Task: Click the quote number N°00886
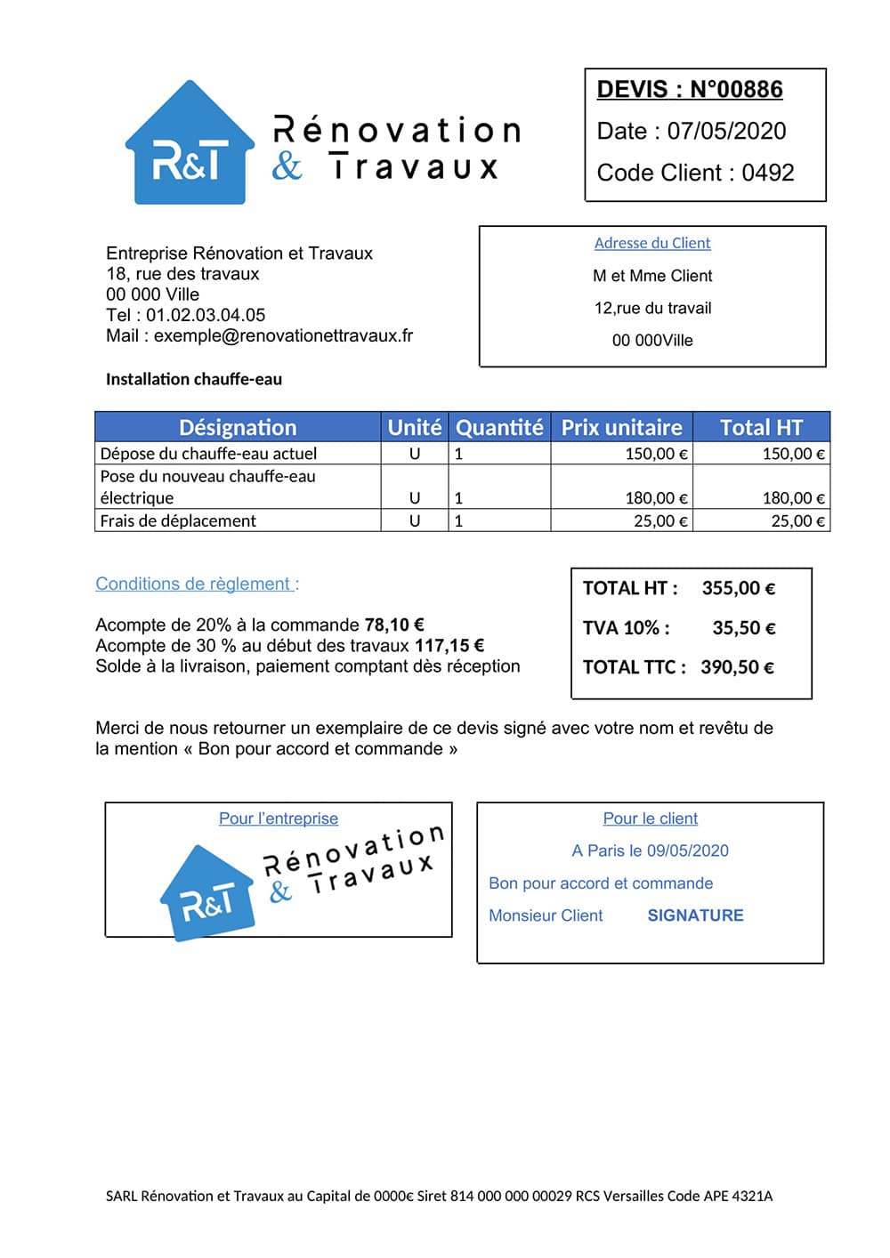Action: (x=736, y=90)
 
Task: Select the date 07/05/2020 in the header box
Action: (x=726, y=132)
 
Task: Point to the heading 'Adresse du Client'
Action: (x=652, y=243)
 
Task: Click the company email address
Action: (x=283, y=335)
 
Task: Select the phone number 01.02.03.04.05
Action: (x=206, y=315)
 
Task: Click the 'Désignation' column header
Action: (x=238, y=427)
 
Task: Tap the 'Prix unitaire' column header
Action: (x=621, y=427)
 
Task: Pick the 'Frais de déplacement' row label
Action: (x=178, y=520)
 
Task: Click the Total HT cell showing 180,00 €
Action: (x=793, y=498)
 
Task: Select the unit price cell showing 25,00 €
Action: (x=660, y=520)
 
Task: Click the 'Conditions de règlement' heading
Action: (x=197, y=584)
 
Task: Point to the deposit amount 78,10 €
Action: (x=394, y=625)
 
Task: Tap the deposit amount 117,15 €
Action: (x=449, y=645)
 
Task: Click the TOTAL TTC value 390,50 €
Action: (x=737, y=667)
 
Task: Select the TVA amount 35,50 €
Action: (x=743, y=628)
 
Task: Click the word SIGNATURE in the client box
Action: (x=695, y=915)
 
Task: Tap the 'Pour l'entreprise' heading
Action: (x=279, y=819)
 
